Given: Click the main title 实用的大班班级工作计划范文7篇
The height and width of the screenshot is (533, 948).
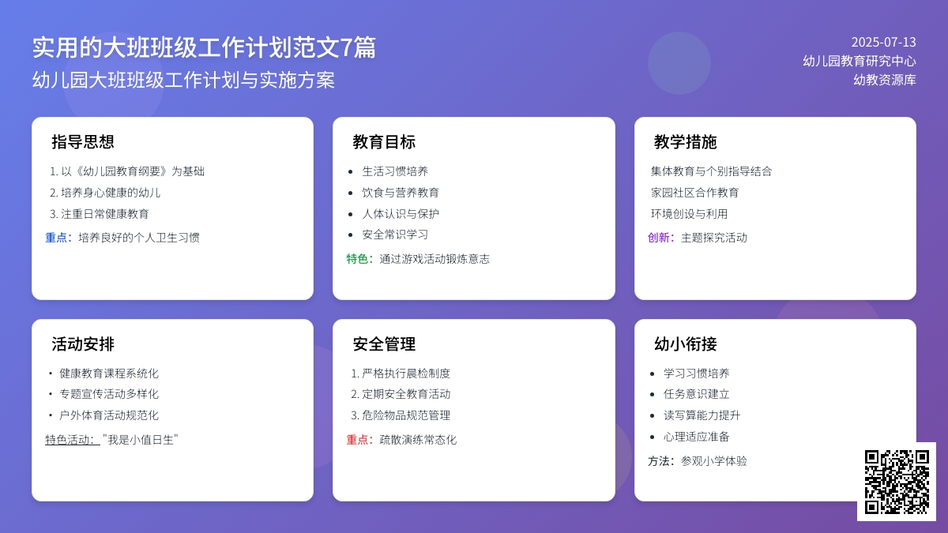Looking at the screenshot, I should (204, 48).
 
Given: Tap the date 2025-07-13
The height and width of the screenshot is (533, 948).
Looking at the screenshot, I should (883, 43).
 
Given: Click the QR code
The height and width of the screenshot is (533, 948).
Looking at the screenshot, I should (896, 482).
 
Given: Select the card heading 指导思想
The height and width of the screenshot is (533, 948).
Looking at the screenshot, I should (83, 142).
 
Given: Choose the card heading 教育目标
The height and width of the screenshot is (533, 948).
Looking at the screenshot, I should (384, 142).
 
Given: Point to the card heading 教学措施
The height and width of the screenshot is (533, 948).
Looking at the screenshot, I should (686, 142).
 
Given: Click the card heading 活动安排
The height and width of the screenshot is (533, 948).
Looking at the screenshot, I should (83, 344).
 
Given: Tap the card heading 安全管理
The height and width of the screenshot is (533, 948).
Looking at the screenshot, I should (384, 344).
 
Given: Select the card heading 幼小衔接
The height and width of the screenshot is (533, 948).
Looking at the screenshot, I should (686, 344).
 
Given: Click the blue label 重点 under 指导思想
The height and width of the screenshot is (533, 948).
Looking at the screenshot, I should (58, 238).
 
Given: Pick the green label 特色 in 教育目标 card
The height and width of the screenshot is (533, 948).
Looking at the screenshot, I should (359, 259).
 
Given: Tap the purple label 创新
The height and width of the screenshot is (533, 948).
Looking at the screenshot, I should (660, 238).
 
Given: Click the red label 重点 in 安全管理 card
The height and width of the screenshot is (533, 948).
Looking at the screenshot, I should (359, 440).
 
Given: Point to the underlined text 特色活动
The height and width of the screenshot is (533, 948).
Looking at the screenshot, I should (72, 440).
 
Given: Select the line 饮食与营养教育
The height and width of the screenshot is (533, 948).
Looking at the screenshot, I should (401, 193).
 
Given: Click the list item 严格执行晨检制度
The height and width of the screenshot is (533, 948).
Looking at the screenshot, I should (406, 373).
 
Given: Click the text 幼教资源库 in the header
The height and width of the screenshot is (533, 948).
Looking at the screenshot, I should (885, 80).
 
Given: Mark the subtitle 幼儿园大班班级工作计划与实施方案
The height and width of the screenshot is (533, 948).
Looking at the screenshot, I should (183, 81).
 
